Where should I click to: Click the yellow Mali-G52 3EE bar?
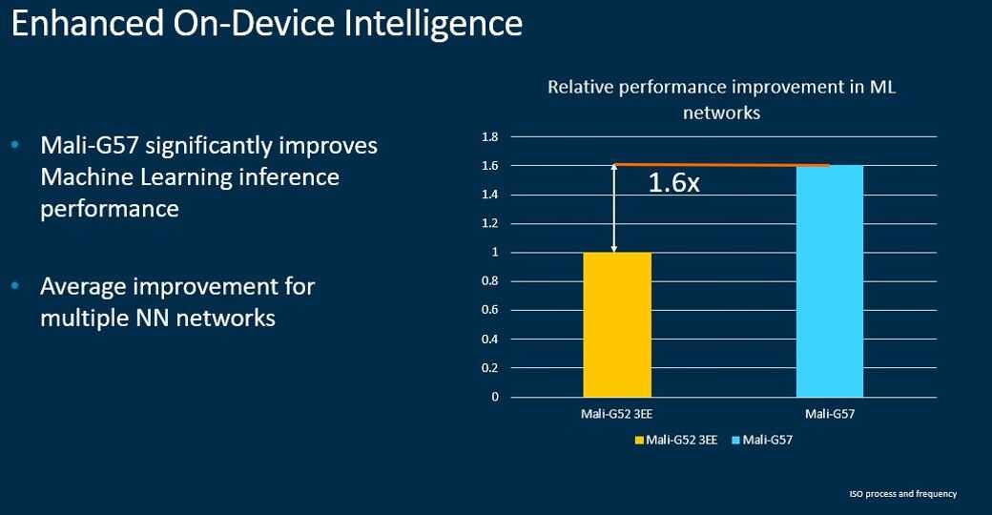click(616, 324)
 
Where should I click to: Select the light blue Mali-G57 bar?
click(829, 281)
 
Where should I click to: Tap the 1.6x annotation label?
click(673, 183)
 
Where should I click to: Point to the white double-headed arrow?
click(615, 209)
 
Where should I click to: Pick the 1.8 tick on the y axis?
click(490, 137)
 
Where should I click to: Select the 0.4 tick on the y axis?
click(490, 339)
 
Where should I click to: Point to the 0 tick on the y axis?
click(495, 397)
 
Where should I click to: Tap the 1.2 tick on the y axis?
click(490, 224)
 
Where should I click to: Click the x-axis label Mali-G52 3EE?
click(616, 414)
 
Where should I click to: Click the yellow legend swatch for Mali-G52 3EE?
click(639, 441)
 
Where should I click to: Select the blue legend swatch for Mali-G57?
click(736, 441)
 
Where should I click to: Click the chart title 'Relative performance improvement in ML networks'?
click(721, 99)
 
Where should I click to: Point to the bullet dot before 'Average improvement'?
click(14, 285)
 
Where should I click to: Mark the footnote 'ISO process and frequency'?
click(902, 494)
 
